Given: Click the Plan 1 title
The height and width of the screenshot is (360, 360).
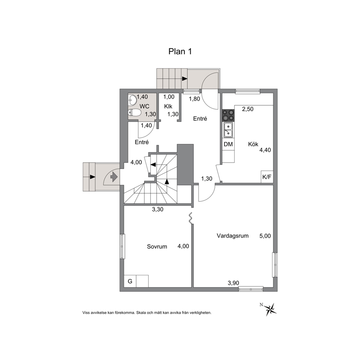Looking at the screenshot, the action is point(180,52).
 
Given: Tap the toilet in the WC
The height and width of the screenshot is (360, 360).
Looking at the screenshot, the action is point(134,113).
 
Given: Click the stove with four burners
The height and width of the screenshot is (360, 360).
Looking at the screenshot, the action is point(228,115).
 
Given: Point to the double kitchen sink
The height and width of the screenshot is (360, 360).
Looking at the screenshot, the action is point(228,130).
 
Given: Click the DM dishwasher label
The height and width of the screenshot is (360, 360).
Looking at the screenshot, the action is point(228,144).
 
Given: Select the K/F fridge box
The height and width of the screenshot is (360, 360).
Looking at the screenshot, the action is point(267,177).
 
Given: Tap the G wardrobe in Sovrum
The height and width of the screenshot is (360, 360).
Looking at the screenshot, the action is point(130,281).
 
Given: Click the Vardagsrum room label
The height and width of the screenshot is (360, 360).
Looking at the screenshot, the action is point(233,236).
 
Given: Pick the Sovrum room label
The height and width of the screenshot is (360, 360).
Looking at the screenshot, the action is point(157,246).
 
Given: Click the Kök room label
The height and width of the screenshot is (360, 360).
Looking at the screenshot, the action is point(253,144).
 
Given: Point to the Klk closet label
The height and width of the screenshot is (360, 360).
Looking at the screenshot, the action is point(168,107).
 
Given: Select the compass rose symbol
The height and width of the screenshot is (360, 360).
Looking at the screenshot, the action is point(270,309).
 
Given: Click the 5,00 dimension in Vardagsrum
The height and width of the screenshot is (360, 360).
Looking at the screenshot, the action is point(265,236).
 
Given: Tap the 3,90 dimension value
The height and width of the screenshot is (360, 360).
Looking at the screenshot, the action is point(233,283).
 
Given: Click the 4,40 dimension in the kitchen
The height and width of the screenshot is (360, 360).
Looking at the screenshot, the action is point(265,150).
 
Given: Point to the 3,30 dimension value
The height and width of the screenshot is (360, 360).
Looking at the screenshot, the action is point(158,209).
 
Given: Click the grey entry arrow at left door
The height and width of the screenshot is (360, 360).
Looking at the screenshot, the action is point(114,177).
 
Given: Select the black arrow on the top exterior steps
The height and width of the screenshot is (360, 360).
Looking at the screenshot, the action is point(185,79).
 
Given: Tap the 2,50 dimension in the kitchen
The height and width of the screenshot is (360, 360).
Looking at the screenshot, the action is point(248,109).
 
